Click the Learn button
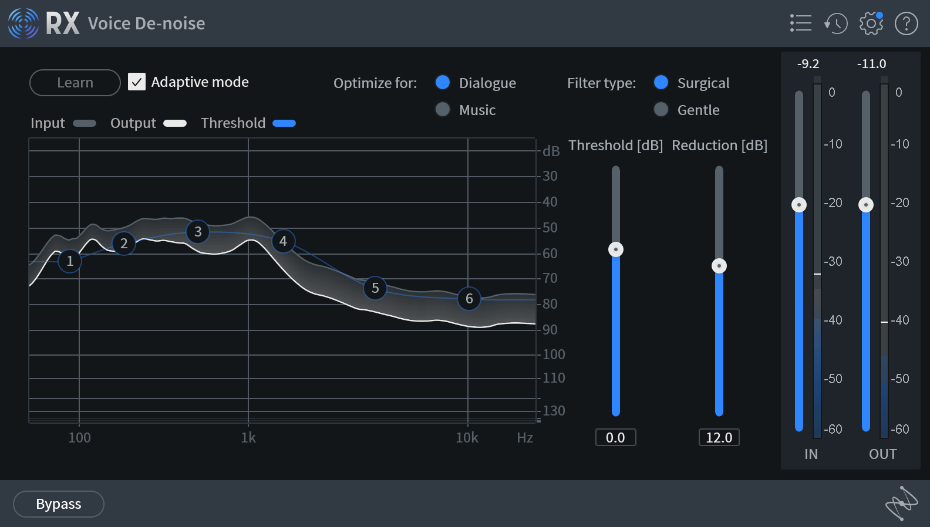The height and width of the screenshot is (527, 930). tap(75, 83)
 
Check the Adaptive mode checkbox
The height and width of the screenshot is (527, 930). tap(137, 82)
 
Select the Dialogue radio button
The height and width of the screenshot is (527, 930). tap(443, 83)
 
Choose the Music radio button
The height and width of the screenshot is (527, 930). tap(443, 110)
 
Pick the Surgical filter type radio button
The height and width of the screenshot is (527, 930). tap(661, 83)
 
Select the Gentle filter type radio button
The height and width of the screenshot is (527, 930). tap(661, 110)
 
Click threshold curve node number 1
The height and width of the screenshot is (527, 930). tap(70, 261)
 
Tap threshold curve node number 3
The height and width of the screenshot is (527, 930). tap(198, 232)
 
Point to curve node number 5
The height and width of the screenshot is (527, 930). tap(375, 288)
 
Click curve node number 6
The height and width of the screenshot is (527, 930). tap(469, 299)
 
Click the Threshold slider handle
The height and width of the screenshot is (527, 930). tap(616, 249)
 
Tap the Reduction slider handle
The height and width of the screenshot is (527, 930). tap(719, 266)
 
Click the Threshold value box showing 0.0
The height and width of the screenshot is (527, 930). tap(615, 437)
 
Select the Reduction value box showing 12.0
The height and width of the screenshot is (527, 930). tap(719, 437)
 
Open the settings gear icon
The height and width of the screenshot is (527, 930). tap(871, 23)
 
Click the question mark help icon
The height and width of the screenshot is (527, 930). tap(906, 23)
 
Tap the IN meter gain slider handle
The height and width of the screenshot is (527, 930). tap(799, 205)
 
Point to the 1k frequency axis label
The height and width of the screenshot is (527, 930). tap(248, 438)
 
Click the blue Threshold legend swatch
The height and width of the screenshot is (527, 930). tap(284, 123)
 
